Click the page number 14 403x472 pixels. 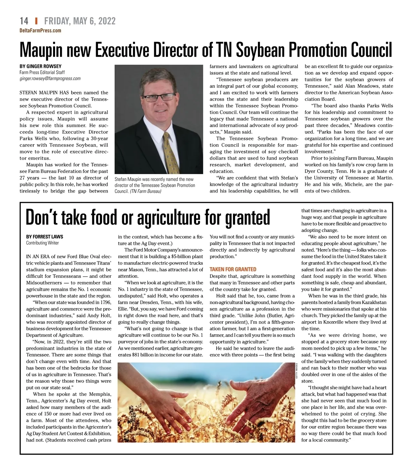pos(24,21)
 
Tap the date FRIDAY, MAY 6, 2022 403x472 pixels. pos(80,21)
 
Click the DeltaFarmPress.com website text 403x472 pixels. pos(40,31)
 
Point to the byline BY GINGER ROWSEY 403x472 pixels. pos(40,66)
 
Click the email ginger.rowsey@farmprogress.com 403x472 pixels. pos(50,79)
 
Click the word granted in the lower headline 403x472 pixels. pos(247,218)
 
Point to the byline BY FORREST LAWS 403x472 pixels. pos(45,237)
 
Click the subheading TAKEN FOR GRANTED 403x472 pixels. pos(233,269)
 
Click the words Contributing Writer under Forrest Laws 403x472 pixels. pos(42,243)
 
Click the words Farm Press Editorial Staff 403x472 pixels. pos(42,72)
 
